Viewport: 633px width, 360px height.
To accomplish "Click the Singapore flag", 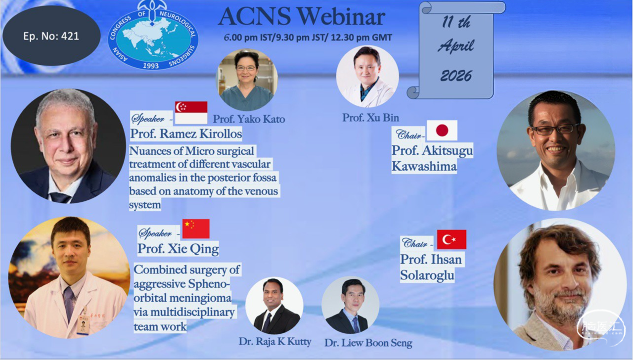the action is (x=191, y=113).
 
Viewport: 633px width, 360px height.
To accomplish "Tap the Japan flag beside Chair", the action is (x=442, y=130).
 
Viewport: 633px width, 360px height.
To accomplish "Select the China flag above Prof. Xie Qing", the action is (x=196, y=228).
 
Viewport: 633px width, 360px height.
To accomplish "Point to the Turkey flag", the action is (x=452, y=239).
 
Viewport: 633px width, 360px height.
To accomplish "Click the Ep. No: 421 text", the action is (x=51, y=36).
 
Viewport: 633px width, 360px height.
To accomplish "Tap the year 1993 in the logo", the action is (x=151, y=66).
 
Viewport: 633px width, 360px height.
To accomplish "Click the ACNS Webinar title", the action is (x=302, y=16).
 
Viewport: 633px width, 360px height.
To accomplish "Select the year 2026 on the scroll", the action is (x=456, y=76).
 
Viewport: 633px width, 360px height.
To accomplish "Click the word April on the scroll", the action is (x=455, y=46).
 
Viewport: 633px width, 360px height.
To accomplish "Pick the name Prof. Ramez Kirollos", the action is (x=186, y=134).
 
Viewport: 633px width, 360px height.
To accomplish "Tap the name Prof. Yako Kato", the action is (x=249, y=119).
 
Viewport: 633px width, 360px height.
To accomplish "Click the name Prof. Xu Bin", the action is (x=370, y=118).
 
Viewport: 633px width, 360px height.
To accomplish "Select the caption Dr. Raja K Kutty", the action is (x=274, y=342).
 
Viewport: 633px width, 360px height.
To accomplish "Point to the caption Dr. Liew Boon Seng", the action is (x=368, y=343).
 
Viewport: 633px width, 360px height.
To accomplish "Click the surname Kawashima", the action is (x=424, y=166).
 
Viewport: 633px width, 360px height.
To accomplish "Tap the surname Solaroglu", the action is (x=427, y=275).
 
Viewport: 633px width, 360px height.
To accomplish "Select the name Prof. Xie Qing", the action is (x=178, y=249).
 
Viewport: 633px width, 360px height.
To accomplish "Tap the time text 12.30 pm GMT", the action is (x=361, y=38).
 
